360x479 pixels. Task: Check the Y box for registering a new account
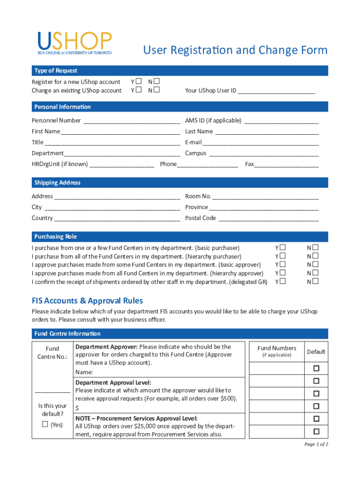click(x=139, y=81)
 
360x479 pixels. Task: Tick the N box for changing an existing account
click(x=157, y=90)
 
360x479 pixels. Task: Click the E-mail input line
click(x=260, y=142)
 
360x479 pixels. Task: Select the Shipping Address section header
click(x=57, y=182)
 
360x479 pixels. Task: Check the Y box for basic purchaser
click(x=282, y=247)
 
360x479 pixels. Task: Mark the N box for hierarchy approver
click(x=316, y=273)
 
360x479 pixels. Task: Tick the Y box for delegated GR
click(x=282, y=282)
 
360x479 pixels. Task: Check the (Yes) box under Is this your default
click(x=45, y=424)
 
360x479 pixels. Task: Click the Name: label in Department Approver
click(x=84, y=372)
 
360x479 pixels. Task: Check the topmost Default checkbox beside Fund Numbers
click(x=316, y=369)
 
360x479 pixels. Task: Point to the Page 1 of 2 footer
click(x=316, y=444)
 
